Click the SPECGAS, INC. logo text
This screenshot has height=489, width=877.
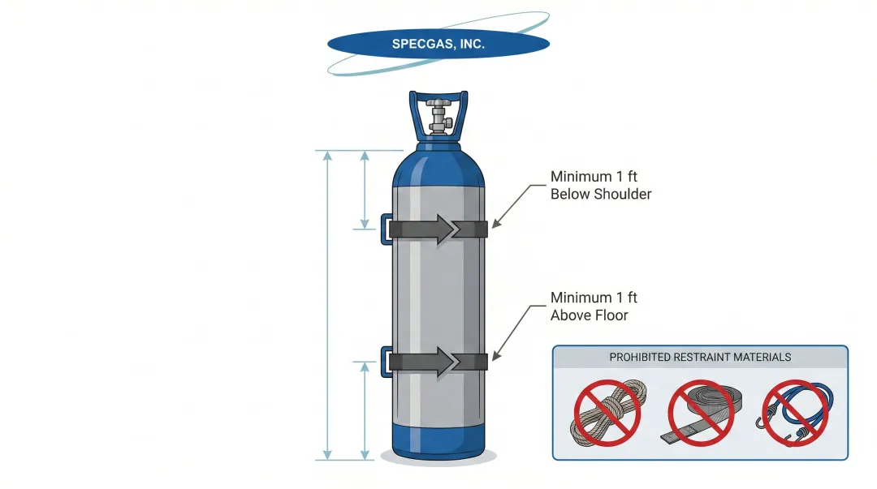(438, 44)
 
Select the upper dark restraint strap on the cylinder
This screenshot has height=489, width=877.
(475, 229)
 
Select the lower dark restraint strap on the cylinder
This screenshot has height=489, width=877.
(475, 362)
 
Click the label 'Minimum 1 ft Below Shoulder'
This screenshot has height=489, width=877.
(600, 185)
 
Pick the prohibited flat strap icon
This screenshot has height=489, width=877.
(701, 412)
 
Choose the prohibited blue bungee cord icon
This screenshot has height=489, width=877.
(795, 412)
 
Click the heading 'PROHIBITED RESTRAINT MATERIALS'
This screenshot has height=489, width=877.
(700, 357)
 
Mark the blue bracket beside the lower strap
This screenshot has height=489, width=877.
(385, 360)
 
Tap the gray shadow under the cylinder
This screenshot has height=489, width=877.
(438, 459)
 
